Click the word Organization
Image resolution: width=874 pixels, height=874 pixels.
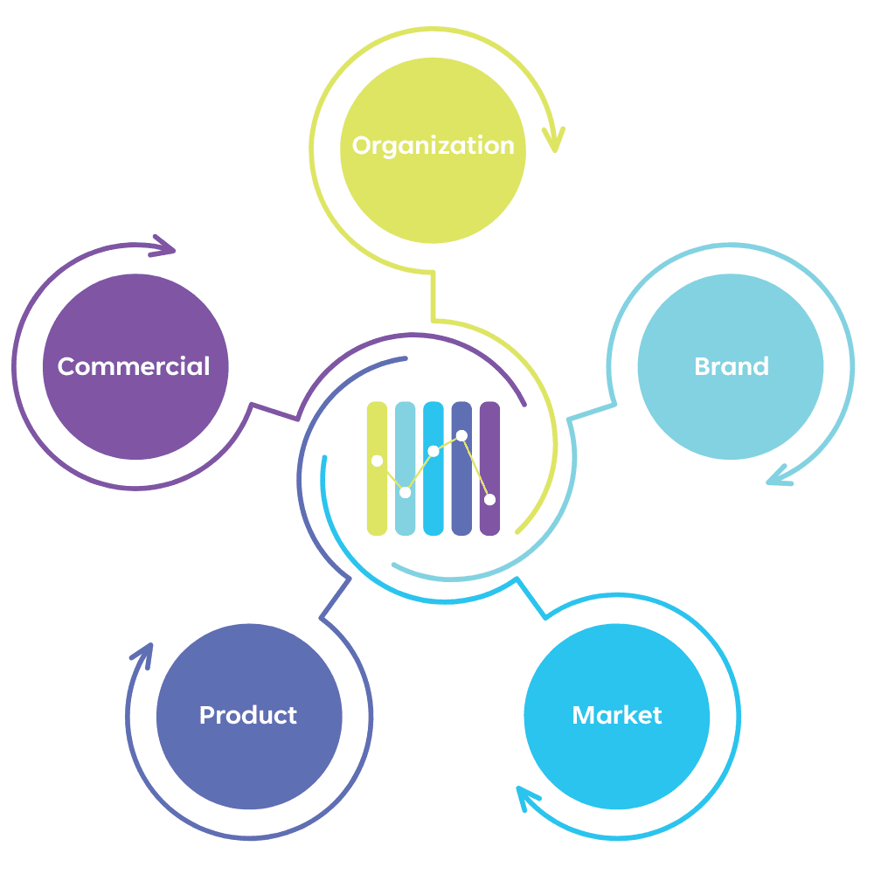[x=433, y=145]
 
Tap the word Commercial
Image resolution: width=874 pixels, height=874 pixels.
[x=134, y=366]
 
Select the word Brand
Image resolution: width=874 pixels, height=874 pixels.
[x=732, y=366]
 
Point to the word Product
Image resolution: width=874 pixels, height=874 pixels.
[x=248, y=715]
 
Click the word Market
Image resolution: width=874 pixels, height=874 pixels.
[x=617, y=715]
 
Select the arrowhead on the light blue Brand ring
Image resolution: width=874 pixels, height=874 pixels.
[x=780, y=477]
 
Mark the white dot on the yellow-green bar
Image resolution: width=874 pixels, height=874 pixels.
[x=377, y=461]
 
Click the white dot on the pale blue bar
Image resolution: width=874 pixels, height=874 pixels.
[x=405, y=493]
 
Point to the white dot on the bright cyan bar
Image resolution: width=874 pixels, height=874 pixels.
[x=433, y=451]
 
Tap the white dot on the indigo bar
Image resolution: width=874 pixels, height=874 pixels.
[x=461, y=435]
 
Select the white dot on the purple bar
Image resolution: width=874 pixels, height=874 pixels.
[x=489, y=500]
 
